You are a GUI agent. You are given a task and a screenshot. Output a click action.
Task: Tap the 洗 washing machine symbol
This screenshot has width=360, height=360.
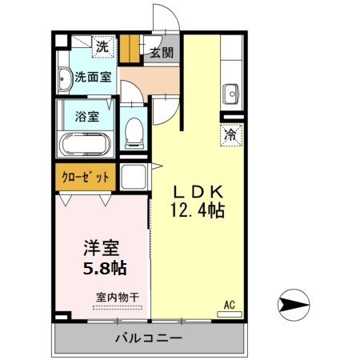pyautogui.click(x=102, y=47)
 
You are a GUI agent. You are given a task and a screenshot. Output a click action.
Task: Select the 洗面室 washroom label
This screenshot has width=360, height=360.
pyautogui.click(x=93, y=78)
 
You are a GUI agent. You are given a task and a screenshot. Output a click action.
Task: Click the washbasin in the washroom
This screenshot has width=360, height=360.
pyautogui.click(x=65, y=78)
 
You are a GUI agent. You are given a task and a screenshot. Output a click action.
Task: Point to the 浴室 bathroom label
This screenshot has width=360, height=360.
pyautogui.click(x=87, y=115)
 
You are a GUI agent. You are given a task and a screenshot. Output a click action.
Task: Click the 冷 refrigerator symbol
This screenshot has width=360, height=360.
pyautogui.click(x=229, y=135)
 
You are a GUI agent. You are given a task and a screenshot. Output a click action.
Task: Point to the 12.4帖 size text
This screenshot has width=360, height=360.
pyautogui.click(x=196, y=211)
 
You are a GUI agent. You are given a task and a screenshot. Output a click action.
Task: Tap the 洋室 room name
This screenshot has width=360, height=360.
pyautogui.click(x=103, y=245)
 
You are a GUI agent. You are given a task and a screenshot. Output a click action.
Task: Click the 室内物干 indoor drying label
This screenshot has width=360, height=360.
pyautogui.click(x=117, y=297)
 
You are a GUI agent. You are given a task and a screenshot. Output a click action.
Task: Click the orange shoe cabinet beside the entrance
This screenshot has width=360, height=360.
pyautogui.click(x=130, y=50)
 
